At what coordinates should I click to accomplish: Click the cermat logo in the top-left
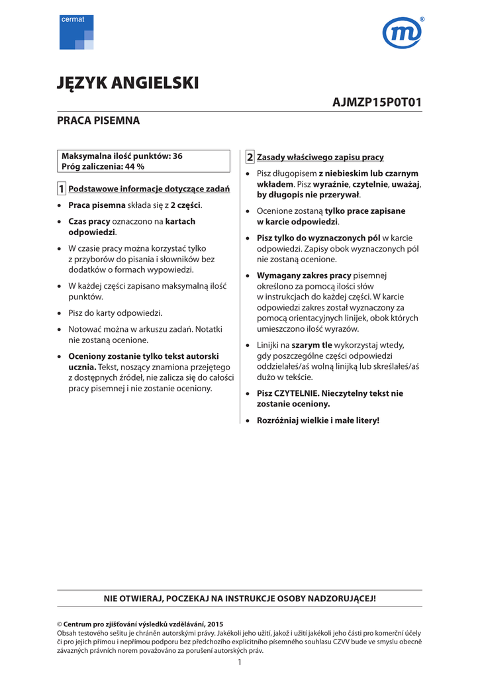(x=76, y=32)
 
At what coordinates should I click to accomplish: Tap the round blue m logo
(x=402, y=33)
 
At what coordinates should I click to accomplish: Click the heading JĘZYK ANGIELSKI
(x=128, y=83)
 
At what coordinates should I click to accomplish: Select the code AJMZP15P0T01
(x=377, y=103)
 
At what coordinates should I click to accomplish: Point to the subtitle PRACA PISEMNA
(x=98, y=121)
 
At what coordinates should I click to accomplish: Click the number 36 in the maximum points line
(x=177, y=156)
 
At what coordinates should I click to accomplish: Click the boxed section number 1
(x=62, y=189)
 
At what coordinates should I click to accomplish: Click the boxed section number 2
(x=250, y=158)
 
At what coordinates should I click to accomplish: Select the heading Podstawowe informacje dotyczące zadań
(x=149, y=189)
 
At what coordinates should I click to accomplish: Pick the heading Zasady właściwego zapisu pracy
(x=320, y=158)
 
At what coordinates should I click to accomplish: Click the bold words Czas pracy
(x=89, y=221)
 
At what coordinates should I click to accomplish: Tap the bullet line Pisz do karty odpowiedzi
(x=115, y=313)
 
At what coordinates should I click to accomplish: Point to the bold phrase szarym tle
(x=312, y=345)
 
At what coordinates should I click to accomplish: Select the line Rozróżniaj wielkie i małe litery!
(x=318, y=420)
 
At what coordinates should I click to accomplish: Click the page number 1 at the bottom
(x=240, y=662)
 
